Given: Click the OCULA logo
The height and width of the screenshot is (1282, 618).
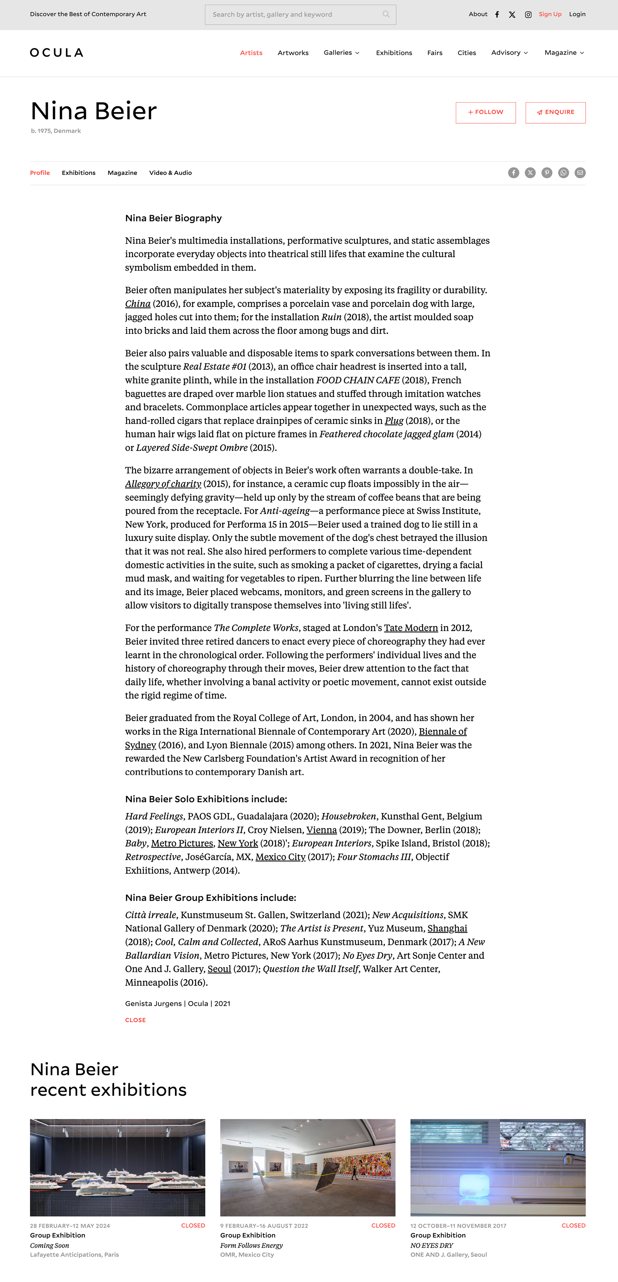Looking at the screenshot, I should (x=56, y=53).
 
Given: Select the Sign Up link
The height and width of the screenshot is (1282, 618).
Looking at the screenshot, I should (x=550, y=15).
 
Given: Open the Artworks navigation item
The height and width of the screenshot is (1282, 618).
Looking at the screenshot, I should (x=293, y=53).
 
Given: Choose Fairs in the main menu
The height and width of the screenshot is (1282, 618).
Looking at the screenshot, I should (x=434, y=53).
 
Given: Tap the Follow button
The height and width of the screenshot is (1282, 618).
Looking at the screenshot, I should (x=485, y=112).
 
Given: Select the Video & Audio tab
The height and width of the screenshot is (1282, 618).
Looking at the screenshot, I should (x=170, y=173).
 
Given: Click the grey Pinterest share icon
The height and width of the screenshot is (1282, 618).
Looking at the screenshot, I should (x=546, y=173).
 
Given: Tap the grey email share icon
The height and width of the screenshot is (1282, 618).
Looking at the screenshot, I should (x=580, y=173).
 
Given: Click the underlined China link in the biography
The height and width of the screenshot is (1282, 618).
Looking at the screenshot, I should (x=138, y=304).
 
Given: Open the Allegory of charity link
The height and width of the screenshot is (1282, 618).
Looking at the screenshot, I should (x=163, y=484).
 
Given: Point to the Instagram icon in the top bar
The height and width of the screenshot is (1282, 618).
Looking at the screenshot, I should (x=528, y=15).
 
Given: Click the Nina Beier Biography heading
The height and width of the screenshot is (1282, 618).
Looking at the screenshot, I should (x=173, y=218).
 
